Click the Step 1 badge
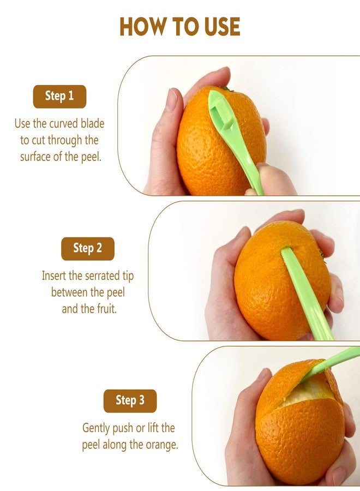59,97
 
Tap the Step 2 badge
88,249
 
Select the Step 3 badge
130,401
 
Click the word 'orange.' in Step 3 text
161,445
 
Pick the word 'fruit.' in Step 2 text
106,309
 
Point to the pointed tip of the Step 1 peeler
211,92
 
